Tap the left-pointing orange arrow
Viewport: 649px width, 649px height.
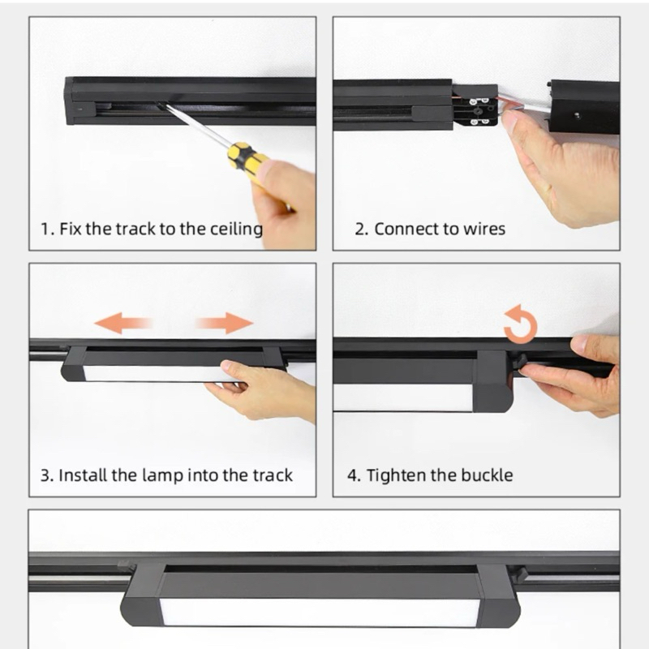click(122, 323)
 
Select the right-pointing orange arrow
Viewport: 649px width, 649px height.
click(226, 323)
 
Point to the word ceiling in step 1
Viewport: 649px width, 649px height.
click(236, 230)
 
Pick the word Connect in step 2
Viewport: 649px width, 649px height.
click(406, 229)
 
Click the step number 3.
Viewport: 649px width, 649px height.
click(45, 475)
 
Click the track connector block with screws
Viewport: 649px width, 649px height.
click(476, 106)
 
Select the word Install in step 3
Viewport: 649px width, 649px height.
click(83, 475)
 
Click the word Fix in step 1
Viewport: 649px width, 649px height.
click(71, 229)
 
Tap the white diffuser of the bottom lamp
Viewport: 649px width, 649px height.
click(320, 612)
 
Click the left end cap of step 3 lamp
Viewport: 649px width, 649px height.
click(74, 363)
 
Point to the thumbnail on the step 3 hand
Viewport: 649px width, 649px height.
click(228, 365)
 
